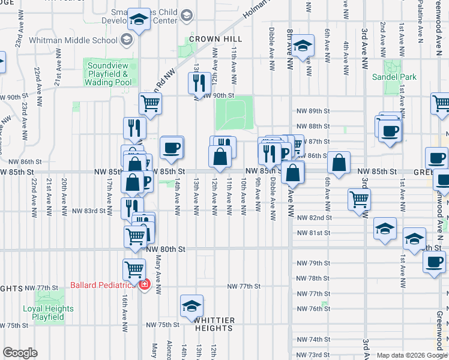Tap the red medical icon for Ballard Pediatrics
pyautogui.click(x=143, y=284)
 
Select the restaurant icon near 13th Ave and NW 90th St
pyautogui.click(x=199, y=82)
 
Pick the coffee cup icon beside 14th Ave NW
pyautogui.click(x=172, y=147)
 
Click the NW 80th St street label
pyautogui.click(x=166, y=248)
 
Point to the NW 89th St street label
pyautogui.click(x=313, y=111)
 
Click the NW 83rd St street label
pyautogui.click(x=89, y=211)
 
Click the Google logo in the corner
pyautogui.click(x=20, y=353)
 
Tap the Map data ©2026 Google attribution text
pyautogui.click(x=411, y=355)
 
